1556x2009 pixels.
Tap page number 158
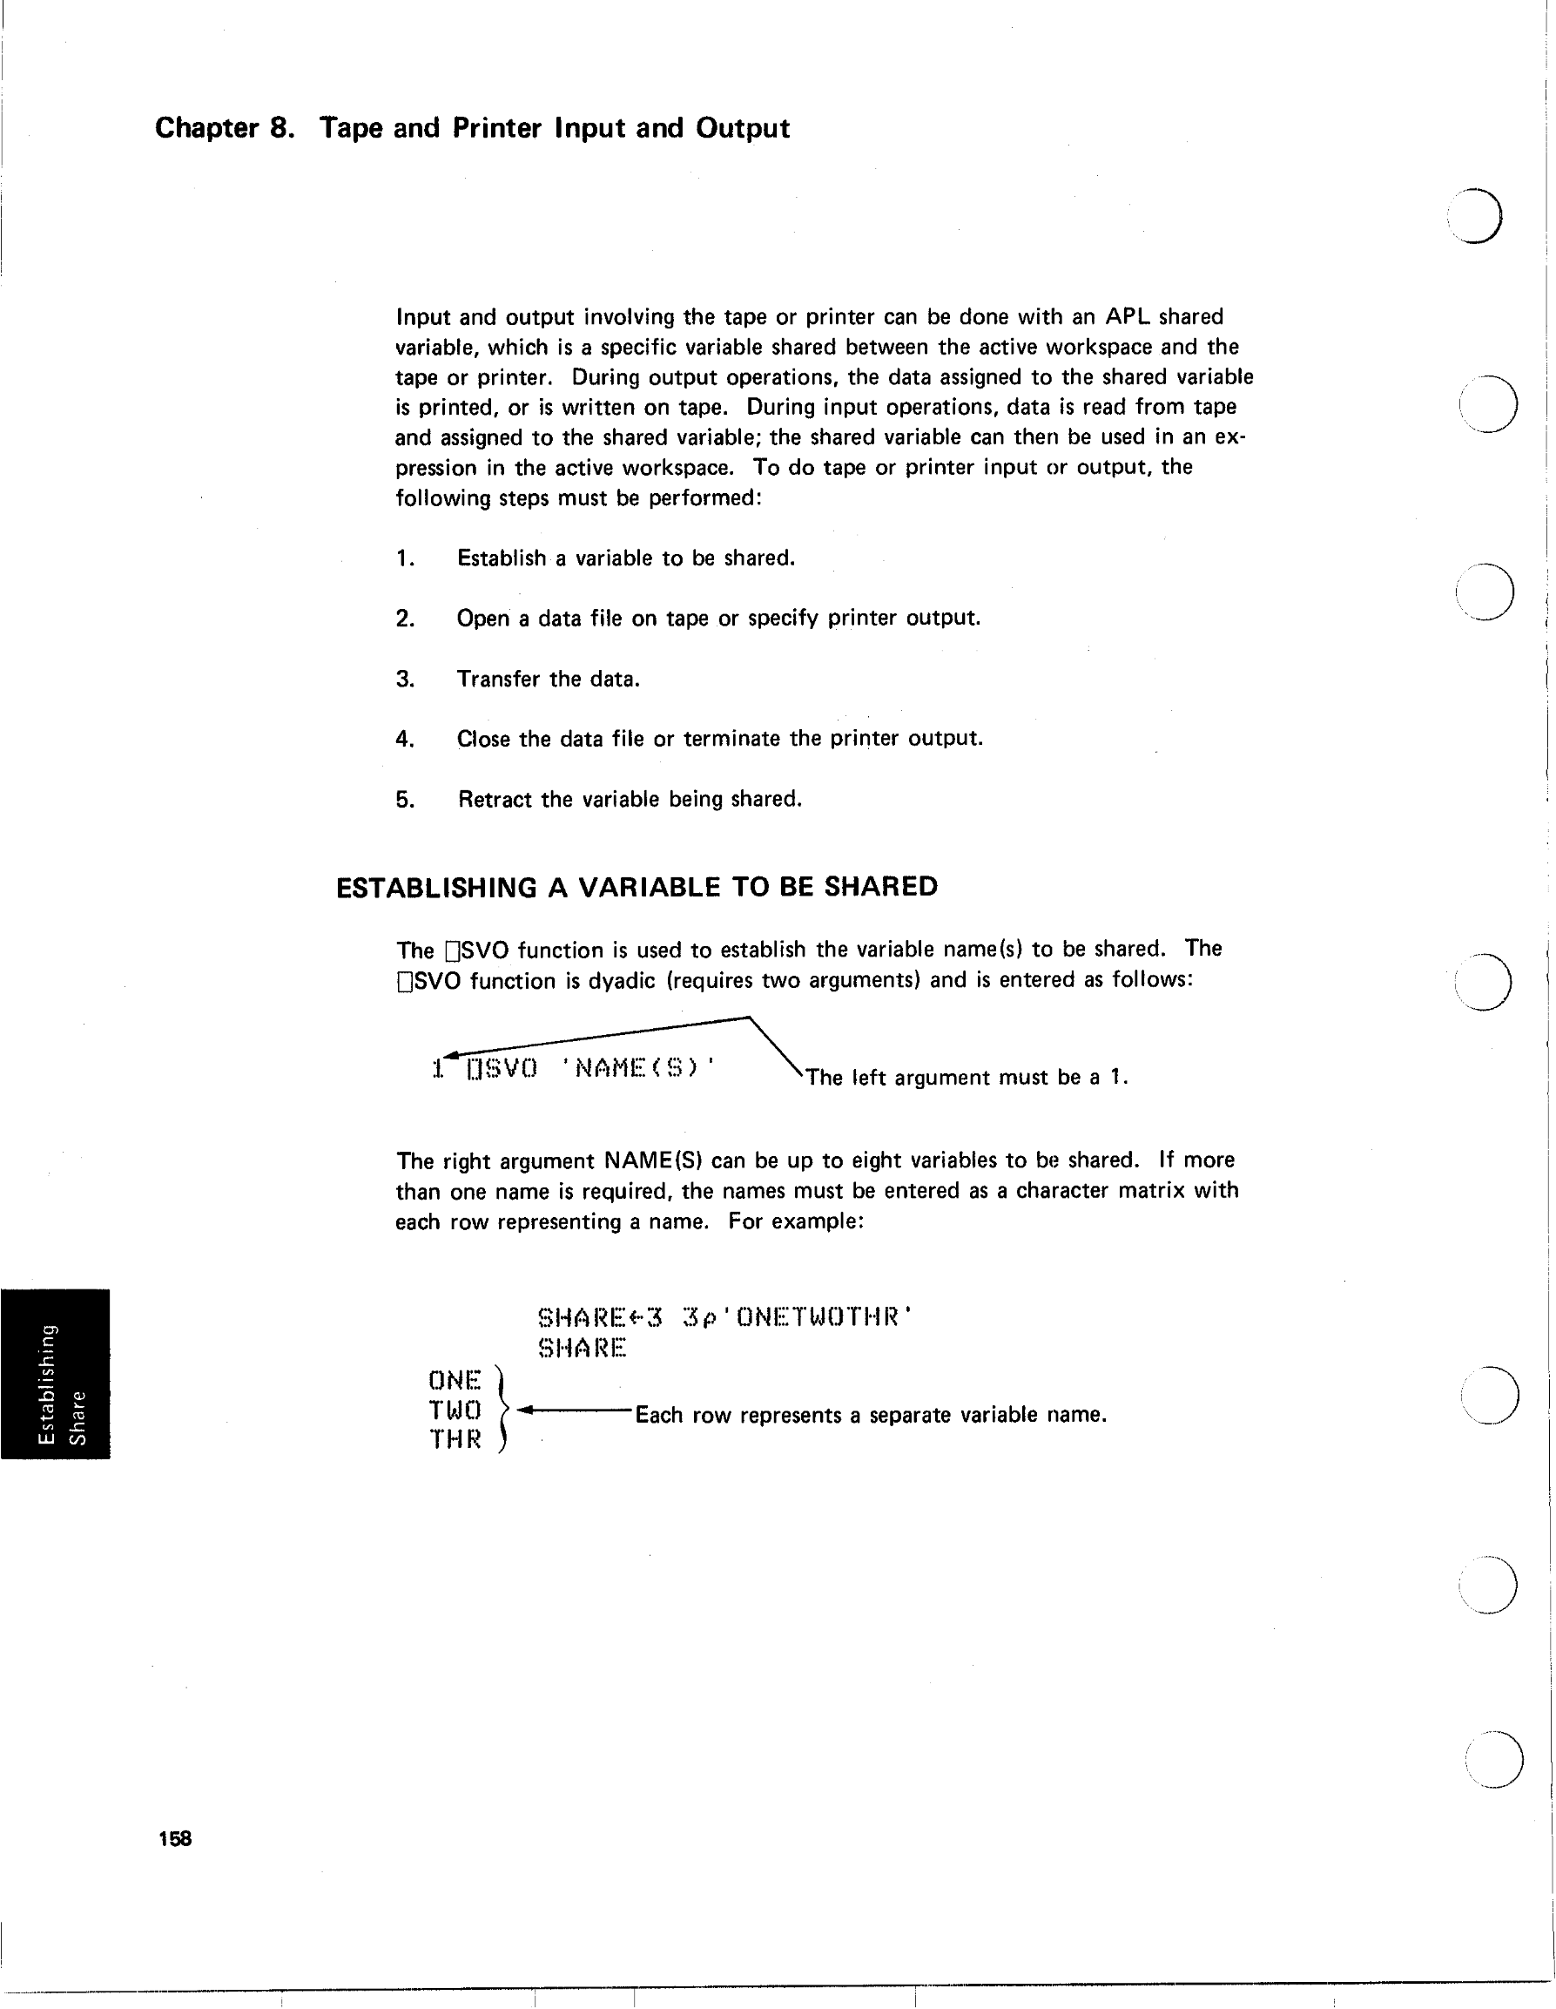(x=175, y=1839)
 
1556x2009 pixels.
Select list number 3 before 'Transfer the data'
(x=405, y=679)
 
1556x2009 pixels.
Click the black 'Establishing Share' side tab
(x=55, y=1373)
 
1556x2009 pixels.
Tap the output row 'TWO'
(x=455, y=1410)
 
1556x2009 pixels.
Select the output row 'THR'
(x=455, y=1438)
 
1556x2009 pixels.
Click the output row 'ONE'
(x=455, y=1380)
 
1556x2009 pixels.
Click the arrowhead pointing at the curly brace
(x=525, y=1410)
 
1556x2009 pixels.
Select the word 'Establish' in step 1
(x=502, y=558)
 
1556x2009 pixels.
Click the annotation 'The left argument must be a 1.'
(x=967, y=1077)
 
